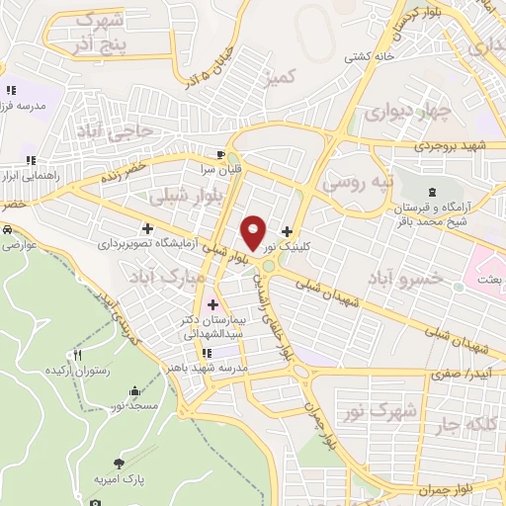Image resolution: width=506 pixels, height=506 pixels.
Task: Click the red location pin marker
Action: (253, 232)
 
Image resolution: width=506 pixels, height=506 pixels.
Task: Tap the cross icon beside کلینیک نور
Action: (287, 230)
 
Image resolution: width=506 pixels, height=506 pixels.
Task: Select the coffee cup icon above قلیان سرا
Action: (220, 154)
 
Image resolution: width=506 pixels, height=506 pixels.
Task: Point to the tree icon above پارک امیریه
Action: (120, 463)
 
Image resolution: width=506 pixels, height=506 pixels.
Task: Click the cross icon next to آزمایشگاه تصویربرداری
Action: (147, 228)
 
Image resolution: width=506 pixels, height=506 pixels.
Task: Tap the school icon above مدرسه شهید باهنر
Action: (206, 353)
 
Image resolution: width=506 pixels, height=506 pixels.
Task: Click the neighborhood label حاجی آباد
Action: (118, 129)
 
